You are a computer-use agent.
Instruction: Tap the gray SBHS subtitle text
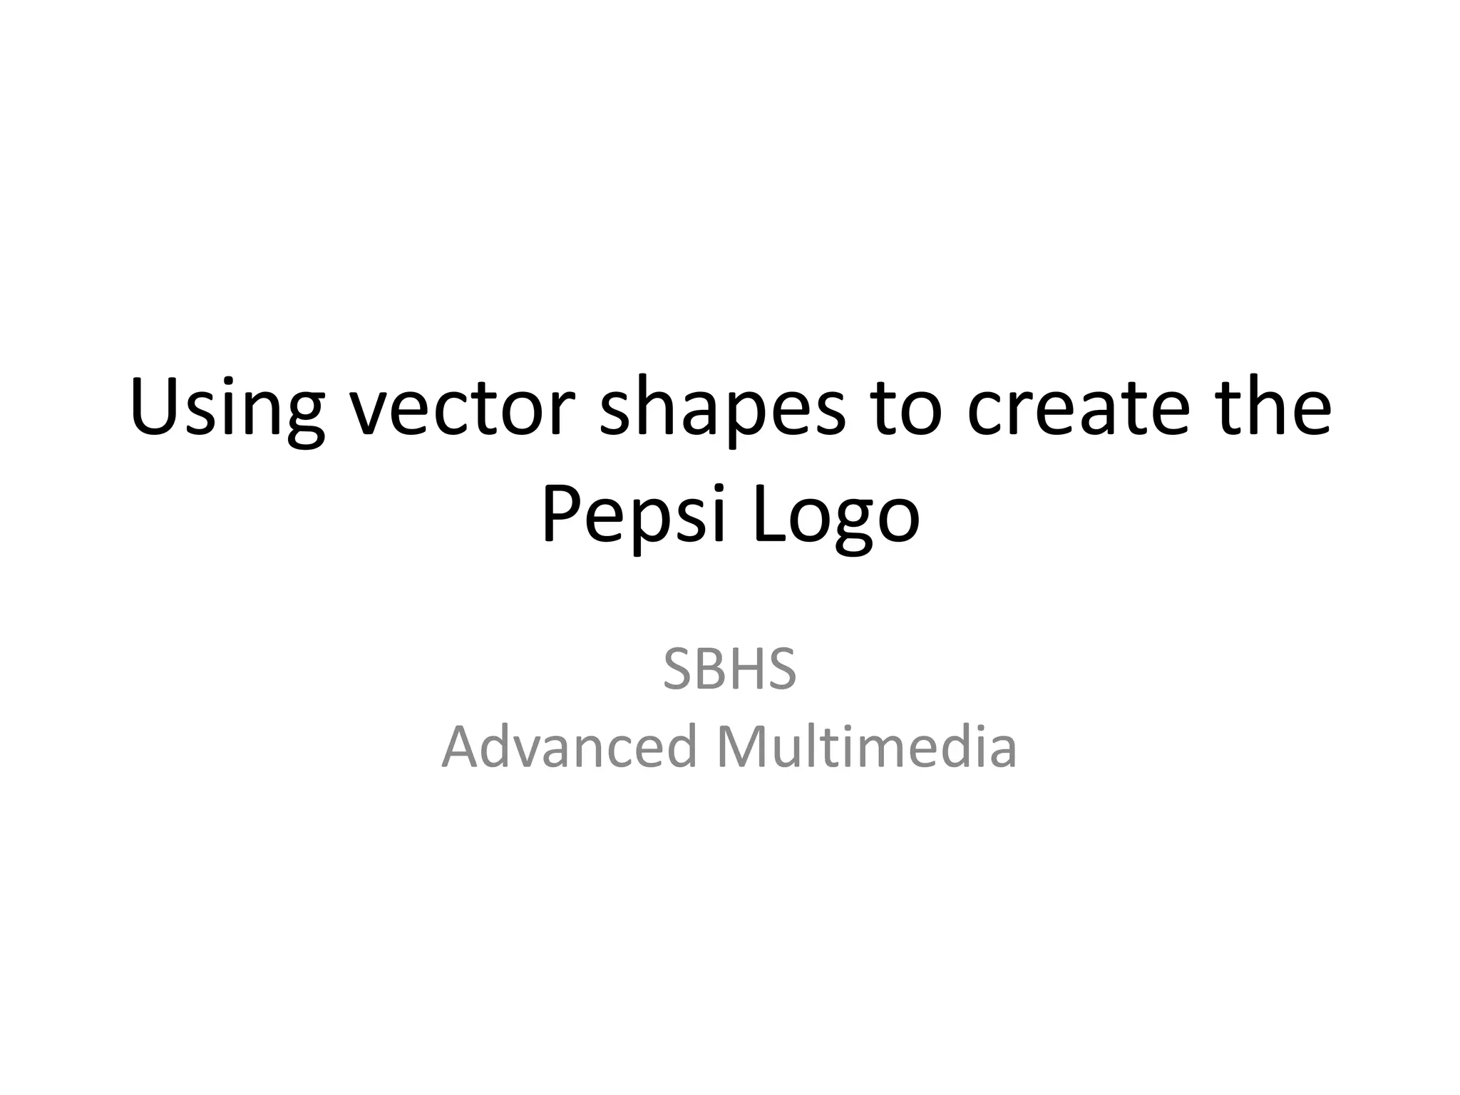click(x=729, y=670)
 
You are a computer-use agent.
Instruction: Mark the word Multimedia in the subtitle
click(x=866, y=746)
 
